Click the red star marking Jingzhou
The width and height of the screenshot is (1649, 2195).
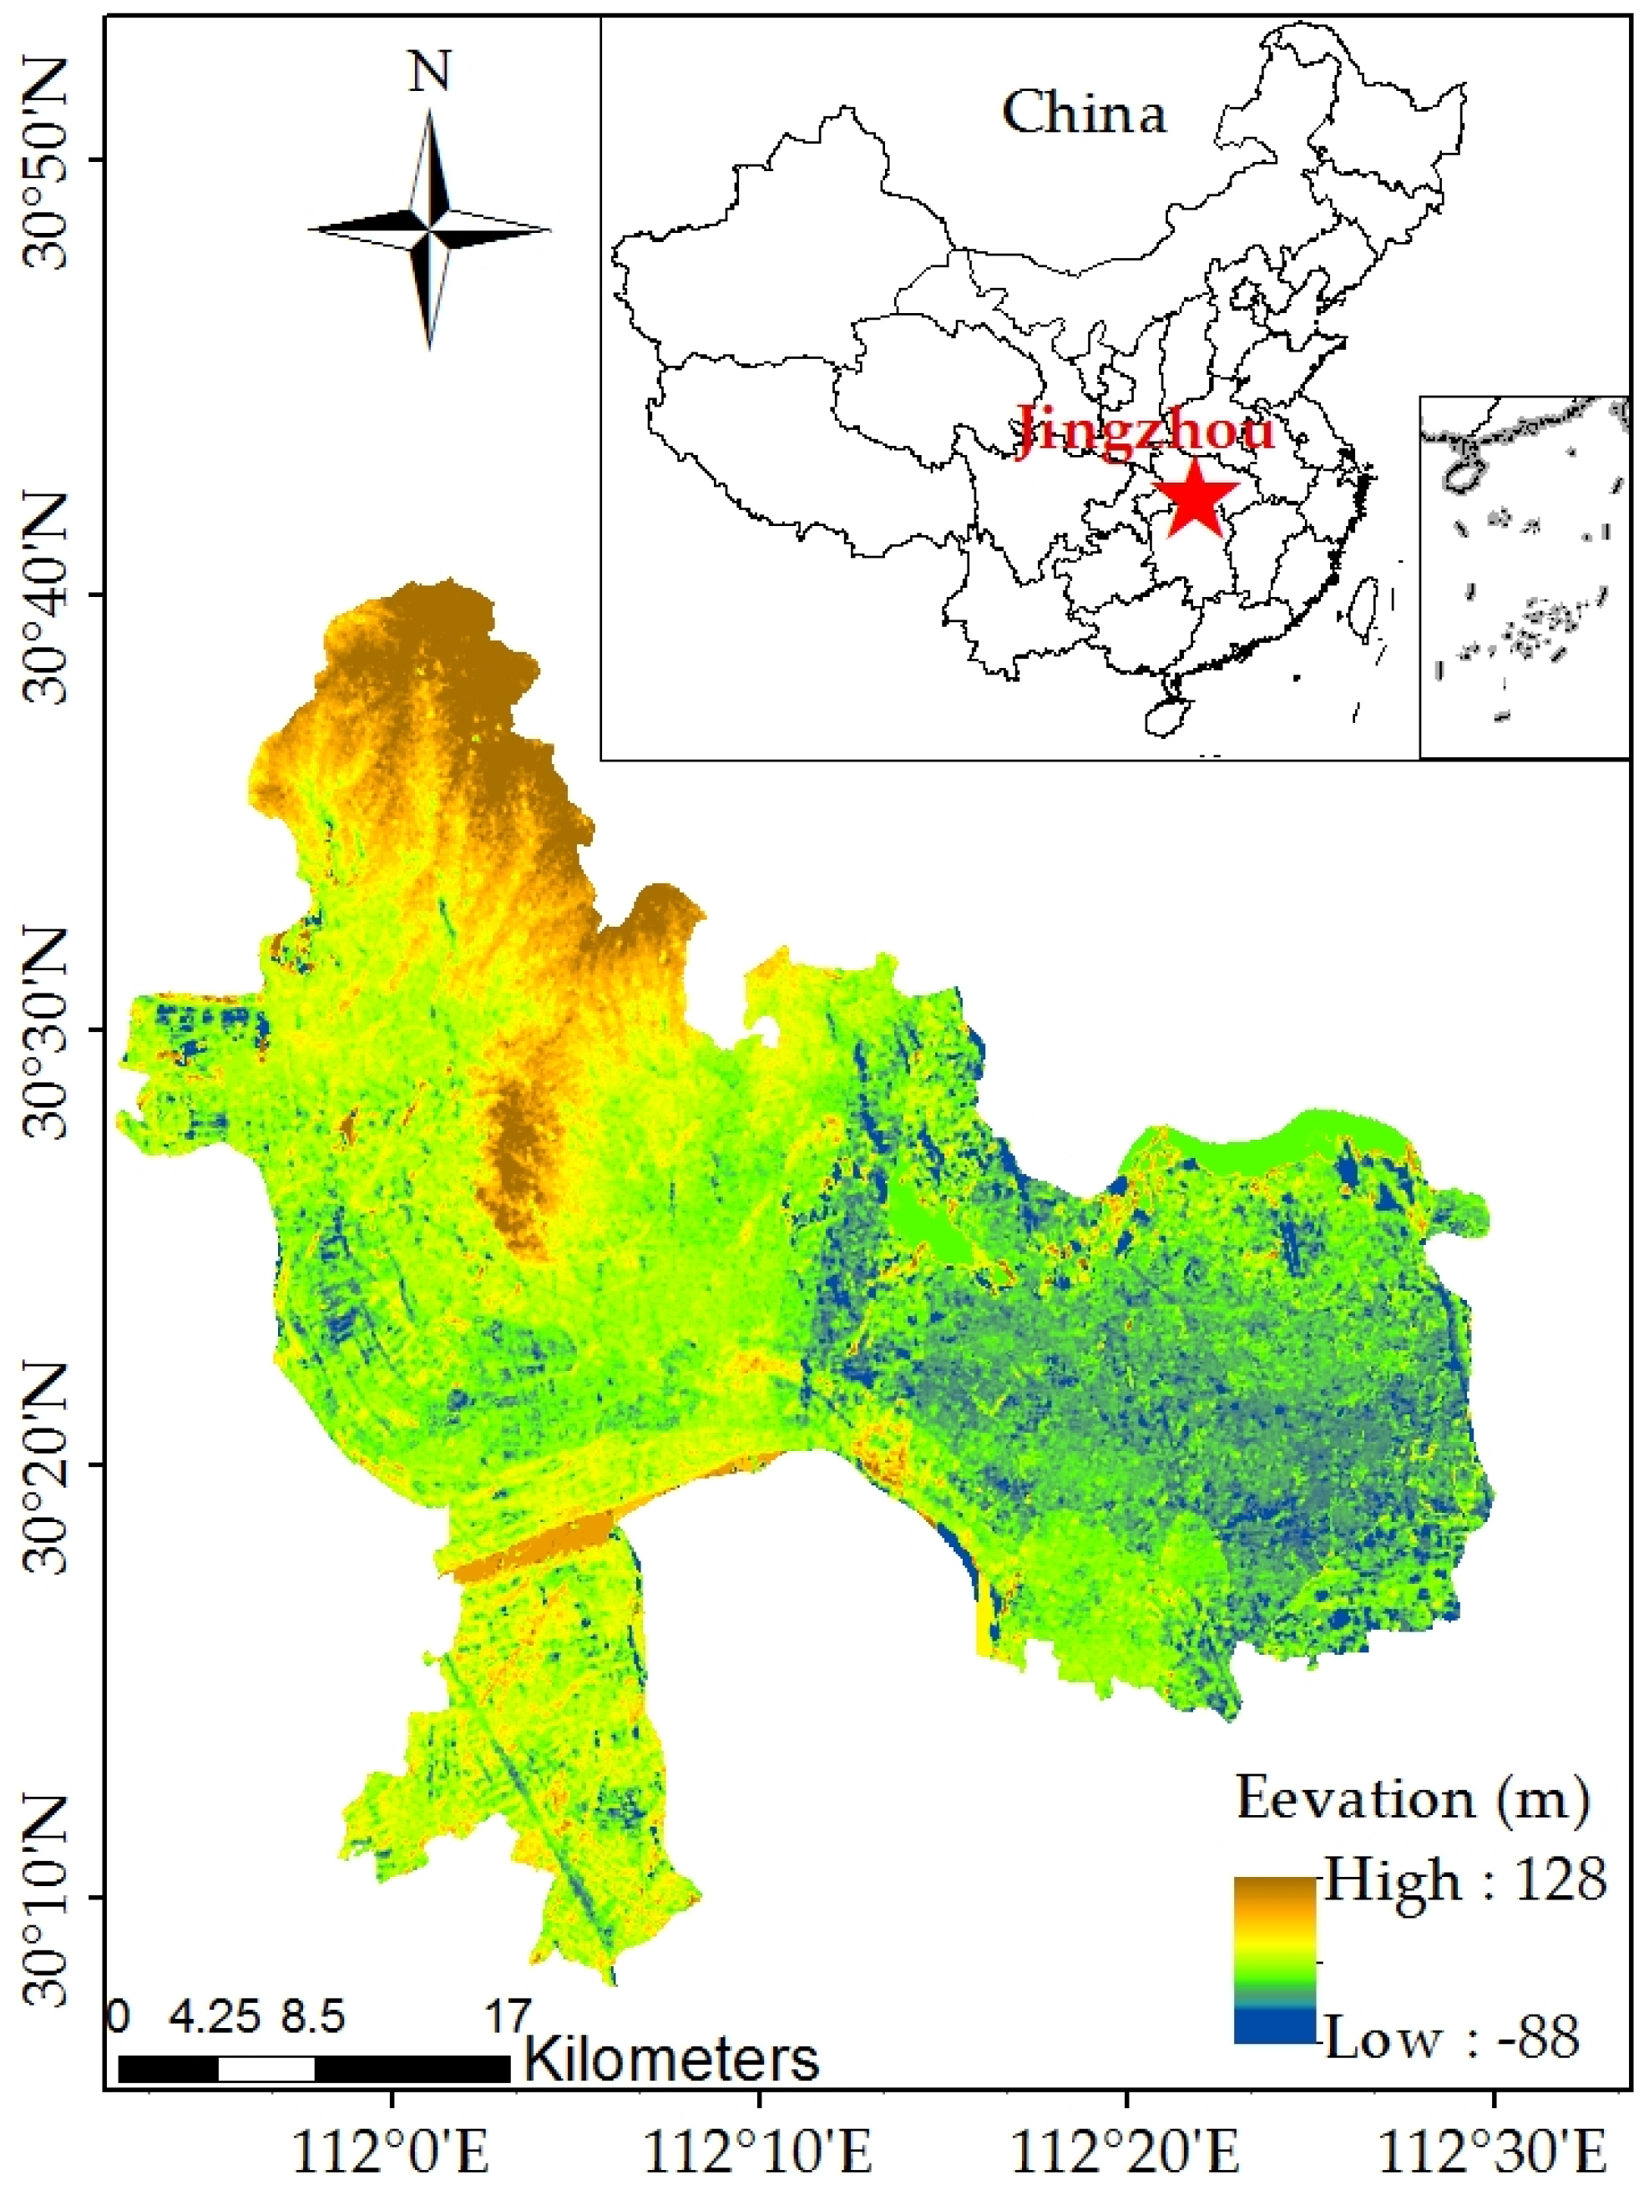[1196, 496]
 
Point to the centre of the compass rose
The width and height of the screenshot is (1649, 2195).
[430, 230]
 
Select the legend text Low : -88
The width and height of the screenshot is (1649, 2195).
[1452, 2039]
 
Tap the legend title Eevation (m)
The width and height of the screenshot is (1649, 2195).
[1412, 1798]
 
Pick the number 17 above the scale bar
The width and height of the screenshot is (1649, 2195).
[507, 2016]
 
